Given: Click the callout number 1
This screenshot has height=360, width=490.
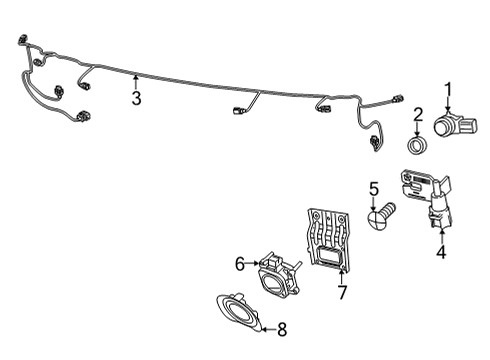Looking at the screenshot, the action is point(449,89).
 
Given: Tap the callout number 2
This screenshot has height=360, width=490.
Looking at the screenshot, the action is point(418,114).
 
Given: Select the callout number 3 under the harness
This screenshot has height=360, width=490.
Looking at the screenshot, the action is point(136,98).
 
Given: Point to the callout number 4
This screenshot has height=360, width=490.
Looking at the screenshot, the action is point(441,252).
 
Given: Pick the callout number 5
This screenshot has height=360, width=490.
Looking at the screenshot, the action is point(374,189).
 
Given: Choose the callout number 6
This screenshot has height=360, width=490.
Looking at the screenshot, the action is point(240,264).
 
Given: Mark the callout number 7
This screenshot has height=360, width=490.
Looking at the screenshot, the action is point(342,292).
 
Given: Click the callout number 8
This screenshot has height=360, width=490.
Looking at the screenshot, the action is point(282,330).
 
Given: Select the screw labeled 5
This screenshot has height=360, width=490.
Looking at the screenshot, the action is point(381,216).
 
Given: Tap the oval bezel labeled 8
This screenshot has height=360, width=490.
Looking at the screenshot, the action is point(238,312).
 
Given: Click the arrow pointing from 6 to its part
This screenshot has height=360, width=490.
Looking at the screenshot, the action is point(252,264).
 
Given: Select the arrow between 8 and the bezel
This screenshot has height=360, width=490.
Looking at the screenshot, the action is point(269,330).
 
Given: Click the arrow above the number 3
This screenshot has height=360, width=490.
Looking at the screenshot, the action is point(136,83).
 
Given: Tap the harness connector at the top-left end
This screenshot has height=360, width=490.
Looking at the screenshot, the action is point(22,39).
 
